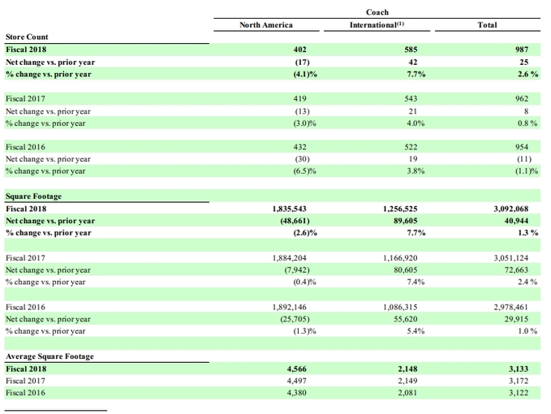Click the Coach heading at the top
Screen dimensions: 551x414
pos(377,12)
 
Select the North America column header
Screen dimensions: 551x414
pos(266,25)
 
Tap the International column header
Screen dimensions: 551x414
pos(377,25)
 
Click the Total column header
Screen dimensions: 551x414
pos(487,25)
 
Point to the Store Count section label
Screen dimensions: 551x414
pos(27,37)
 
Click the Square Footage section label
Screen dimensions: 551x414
pos(33,196)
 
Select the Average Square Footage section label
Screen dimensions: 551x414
pos(50,356)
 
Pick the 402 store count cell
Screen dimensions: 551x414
pos(299,50)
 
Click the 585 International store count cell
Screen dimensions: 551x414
pos(411,50)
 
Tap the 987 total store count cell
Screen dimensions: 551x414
pos(522,50)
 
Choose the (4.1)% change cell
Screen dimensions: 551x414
pos(305,74)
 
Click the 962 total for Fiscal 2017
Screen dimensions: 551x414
pos(522,99)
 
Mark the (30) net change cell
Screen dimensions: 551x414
pos(302,159)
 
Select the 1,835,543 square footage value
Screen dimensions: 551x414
pos(289,209)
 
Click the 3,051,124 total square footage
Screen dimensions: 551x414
pos(511,258)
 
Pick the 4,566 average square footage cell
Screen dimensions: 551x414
pos(296,369)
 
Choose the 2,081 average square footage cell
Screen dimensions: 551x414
pos(407,393)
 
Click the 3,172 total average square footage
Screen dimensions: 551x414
pos(519,381)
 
